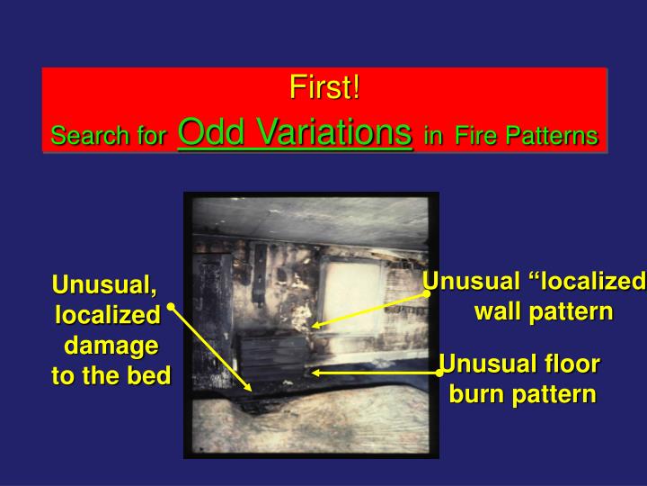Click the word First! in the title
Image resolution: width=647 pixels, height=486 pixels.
click(323, 89)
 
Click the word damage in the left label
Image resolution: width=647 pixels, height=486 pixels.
click(111, 346)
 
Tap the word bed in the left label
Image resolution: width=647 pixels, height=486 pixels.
click(152, 376)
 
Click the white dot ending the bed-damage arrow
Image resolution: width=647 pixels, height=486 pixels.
click(170, 307)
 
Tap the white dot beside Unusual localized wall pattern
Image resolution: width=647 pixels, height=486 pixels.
click(427, 293)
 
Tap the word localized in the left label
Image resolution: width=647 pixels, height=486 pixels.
click(108, 316)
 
